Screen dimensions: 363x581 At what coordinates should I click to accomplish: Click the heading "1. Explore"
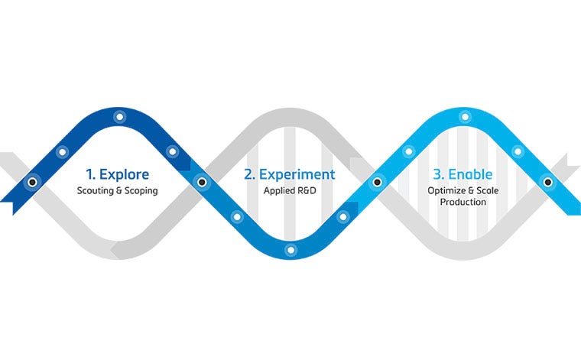pyautogui.click(x=117, y=173)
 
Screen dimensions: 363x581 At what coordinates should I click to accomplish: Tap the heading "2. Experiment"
pyautogui.click(x=289, y=173)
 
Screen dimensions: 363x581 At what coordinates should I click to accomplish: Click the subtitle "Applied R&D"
pyautogui.click(x=289, y=190)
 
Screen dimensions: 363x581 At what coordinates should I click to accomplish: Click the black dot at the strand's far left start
pyautogui.click(x=32, y=183)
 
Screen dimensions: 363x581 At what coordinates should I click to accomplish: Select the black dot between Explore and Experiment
pyautogui.click(x=202, y=182)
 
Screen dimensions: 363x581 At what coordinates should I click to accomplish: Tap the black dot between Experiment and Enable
pyautogui.click(x=376, y=182)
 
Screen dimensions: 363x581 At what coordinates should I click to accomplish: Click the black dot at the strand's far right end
pyautogui.click(x=547, y=182)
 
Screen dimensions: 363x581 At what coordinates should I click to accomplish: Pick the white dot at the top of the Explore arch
pyautogui.click(x=118, y=117)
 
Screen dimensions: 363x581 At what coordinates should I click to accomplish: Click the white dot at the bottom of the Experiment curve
pyautogui.click(x=290, y=250)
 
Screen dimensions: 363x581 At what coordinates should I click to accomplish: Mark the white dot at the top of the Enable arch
pyautogui.click(x=464, y=117)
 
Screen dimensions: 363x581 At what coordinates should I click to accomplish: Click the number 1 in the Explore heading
pyautogui.click(x=89, y=173)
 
